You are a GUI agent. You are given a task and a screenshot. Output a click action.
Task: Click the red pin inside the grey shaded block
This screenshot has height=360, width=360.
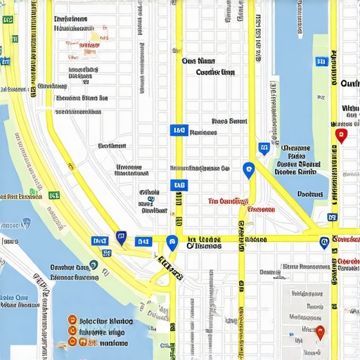point(320,332)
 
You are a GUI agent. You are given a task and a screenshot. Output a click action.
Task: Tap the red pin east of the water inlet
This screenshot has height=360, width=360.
point(341,135)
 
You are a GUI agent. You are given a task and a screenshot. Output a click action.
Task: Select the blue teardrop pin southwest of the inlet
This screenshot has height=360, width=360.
point(247,169)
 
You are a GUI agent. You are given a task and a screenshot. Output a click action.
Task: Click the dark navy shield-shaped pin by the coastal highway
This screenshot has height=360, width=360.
point(121,238)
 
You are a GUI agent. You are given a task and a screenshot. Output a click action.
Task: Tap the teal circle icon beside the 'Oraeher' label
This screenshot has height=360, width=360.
point(94,265)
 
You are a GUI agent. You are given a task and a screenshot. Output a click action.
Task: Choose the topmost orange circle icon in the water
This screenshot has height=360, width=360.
point(71,319)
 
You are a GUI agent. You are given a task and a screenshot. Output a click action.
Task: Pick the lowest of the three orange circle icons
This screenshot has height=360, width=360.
point(71,342)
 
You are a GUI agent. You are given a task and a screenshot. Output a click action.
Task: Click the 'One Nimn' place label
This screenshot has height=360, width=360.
point(198,61)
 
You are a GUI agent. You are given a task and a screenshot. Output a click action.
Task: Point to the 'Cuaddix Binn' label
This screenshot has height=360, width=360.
point(214,72)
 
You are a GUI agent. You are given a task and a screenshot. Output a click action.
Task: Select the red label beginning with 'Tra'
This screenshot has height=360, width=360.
point(229,200)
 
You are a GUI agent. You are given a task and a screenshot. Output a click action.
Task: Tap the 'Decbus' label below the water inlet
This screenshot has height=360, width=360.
point(309,194)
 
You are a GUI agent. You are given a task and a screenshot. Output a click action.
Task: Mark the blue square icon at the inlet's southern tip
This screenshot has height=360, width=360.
point(264,148)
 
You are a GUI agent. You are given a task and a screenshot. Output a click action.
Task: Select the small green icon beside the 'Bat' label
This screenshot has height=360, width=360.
point(32,192)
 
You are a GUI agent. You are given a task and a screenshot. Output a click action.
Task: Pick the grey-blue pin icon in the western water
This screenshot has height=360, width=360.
point(26,223)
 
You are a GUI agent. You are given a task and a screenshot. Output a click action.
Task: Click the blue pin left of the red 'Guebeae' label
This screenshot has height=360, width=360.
point(323,243)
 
